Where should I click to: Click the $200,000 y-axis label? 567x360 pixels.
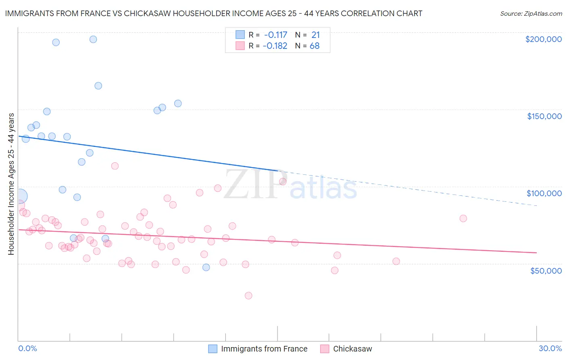pyautogui.click(x=543, y=39)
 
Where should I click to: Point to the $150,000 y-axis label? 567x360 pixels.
pyautogui.click(x=544, y=116)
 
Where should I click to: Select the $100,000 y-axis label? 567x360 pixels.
pyautogui.click(x=544, y=193)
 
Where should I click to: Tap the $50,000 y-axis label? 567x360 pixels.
pyautogui.click(x=546, y=271)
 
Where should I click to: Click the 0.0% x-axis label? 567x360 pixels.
pyautogui.click(x=27, y=348)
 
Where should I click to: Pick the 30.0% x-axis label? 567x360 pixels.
pyautogui.click(x=550, y=348)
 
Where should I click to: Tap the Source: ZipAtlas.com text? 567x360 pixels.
pyautogui.click(x=531, y=13)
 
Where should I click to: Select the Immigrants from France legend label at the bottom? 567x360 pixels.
pyautogui.click(x=264, y=349)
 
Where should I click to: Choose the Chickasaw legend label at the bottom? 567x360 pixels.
pyautogui.click(x=352, y=349)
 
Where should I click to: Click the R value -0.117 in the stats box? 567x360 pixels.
pyautogui.click(x=275, y=35)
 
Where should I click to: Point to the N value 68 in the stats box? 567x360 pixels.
pyautogui.click(x=315, y=46)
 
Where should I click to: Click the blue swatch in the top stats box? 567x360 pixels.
pyautogui.click(x=240, y=35)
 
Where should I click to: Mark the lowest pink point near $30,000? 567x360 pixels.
pyautogui.click(x=248, y=295)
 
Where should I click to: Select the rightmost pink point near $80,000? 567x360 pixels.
pyautogui.click(x=463, y=218)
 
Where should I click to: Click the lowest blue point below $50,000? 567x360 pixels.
pyautogui.click(x=206, y=267)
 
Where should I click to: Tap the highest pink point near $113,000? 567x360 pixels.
pyautogui.click(x=115, y=166)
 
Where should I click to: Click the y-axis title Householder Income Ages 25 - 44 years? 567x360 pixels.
pyautogui.click(x=11, y=184)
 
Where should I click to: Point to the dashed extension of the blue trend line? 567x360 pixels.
pyautogui.click(x=403, y=188)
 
